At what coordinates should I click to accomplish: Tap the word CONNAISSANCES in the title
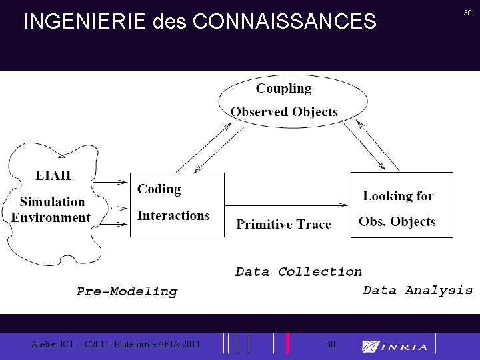[285, 22]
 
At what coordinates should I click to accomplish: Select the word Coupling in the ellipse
[283, 89]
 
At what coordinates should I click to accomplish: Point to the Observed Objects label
[284, 111]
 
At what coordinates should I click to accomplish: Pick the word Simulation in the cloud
[53, 202]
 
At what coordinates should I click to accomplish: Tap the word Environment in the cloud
[51, 217]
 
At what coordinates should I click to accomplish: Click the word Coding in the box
[159, 189]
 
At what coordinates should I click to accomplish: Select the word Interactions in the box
[173, 215]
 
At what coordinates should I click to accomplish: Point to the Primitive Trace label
[283, 224]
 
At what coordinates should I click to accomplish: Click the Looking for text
[398, 195]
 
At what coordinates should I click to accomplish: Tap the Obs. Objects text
[397, 221]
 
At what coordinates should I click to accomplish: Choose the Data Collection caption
[299, 271]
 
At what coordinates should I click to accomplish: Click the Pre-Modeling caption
[127, 291]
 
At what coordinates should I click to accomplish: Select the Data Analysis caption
[417, 290]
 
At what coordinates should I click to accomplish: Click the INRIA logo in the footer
[395, 346]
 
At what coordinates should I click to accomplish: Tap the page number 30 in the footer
[331, 344]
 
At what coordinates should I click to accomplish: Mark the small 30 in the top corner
[468, 13]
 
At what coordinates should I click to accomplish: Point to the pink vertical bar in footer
[287, 343]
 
